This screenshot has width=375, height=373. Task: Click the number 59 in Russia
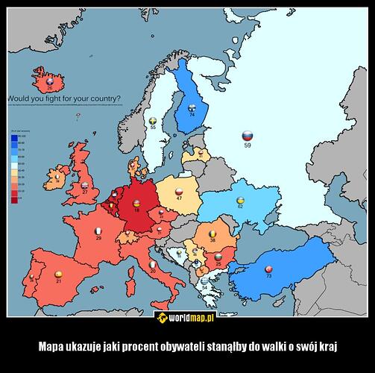(x=248, y=147)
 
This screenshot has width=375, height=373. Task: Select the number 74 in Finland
(x=192, y=115)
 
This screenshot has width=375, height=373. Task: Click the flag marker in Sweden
(x=154, y=119)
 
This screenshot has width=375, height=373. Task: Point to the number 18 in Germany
(x=136, y=211)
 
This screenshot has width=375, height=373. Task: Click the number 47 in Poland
(x=179, y=199)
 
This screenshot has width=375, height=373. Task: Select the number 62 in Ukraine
(x=240, y=207)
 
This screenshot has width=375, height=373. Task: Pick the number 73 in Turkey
(x=269, y=276)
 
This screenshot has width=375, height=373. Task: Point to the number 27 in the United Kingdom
(x=84, y=192)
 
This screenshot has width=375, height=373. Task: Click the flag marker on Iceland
(x=50, y=81)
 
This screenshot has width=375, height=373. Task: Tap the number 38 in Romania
(x=212, y=241)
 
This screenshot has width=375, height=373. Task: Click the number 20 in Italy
(x=153, y=272)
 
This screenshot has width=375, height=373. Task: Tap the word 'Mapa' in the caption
(x=54, y=345)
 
